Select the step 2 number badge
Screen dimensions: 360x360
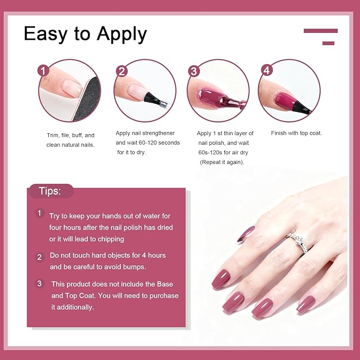pyautogui.click(x=122, y=71)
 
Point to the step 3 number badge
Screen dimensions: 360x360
pyautogui.click(x=194, y=71)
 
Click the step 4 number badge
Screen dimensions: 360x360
pyautogui.click(x=267, y=71)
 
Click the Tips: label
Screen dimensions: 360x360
pyautogui.click(x=50, y=191)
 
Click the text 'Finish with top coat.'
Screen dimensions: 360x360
pyautogui.click(x=296, y=133)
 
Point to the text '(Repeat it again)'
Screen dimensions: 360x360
pyautogui.click(x=222, y=162)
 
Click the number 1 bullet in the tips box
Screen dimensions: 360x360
pyautogui.click(x=39, y=213)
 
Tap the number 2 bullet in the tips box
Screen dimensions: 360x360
pyautogui.click(x=39, y=257)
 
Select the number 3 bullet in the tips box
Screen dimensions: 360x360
pyautogui.click(x=39, y=284)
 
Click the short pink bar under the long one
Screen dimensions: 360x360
pyautogui.click(x=328, y=43)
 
